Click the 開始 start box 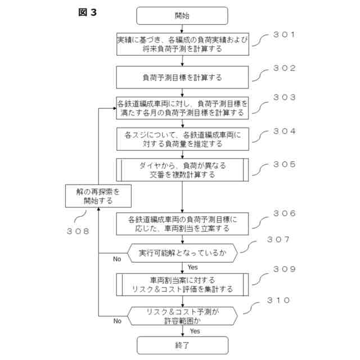click(x=182, y=16)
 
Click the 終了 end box click(x=182, y=345)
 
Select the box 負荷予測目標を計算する click(x=182, y=75)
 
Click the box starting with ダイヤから click(x=182, y=170)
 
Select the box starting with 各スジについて click(x=182, y=139)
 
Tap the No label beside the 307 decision click(x=117, y=259)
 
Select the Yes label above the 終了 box click(x=195, y=331)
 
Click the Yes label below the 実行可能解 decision click(x=193, y=267)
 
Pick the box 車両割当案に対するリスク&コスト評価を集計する click(x=182, y=284)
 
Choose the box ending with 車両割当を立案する click(x=182, y=223)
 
